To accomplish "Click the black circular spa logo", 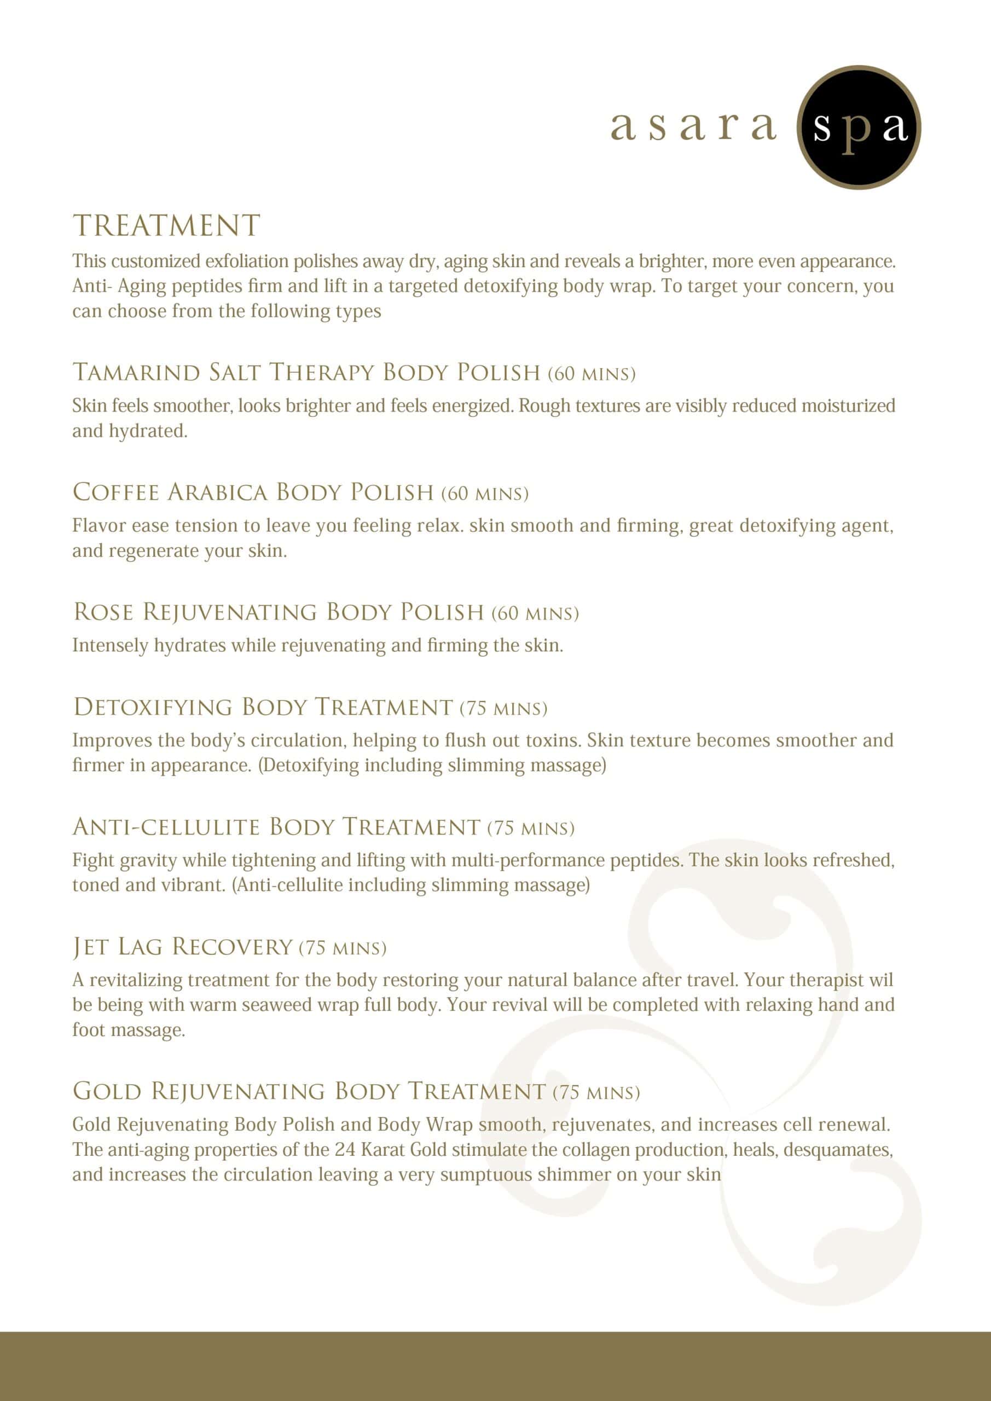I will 859,128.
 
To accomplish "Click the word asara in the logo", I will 693,126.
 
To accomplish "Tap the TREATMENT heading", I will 166,226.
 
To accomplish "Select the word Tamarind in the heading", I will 136,372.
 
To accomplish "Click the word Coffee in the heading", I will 115,493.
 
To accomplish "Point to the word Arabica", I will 217,493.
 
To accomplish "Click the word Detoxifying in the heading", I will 153,707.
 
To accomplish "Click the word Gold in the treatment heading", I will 107,1091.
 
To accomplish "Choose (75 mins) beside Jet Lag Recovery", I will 343,948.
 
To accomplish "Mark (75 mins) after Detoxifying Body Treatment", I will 503,708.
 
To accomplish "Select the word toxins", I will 555,740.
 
